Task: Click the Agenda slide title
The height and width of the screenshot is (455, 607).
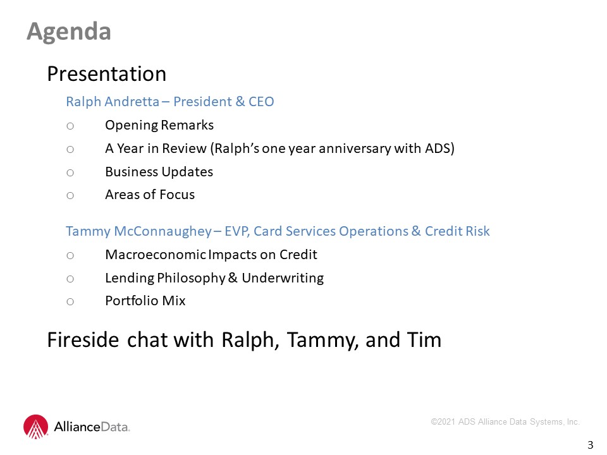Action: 69,32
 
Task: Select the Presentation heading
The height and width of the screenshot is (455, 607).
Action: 106,73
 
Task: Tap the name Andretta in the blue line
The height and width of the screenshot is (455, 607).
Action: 132,101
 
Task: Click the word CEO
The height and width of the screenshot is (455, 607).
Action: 261,101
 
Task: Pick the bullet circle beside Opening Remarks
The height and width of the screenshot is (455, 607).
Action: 70,126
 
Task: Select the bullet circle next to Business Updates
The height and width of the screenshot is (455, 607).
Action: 70,173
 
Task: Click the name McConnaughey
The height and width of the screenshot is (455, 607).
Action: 163,231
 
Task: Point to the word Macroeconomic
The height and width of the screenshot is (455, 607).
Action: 156,255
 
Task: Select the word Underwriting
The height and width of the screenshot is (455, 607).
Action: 283,278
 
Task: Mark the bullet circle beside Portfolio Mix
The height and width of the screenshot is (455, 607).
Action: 70,302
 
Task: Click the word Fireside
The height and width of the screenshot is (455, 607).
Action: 83,340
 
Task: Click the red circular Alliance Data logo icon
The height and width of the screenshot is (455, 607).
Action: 35,427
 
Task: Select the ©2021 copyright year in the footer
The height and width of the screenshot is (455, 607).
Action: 443,422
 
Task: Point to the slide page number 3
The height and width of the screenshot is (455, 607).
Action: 591,445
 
